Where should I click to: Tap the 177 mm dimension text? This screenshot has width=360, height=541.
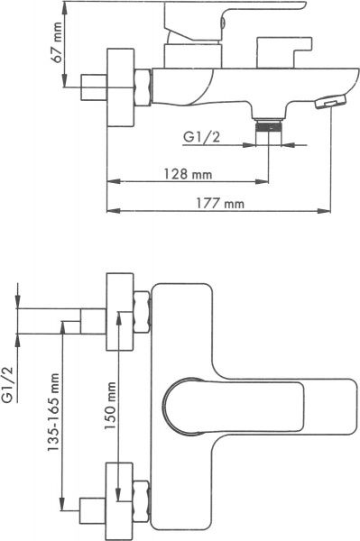pyautogui.click(x=220, y=204)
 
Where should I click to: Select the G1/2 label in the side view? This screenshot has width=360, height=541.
pyautogui.click(x=201, y=138)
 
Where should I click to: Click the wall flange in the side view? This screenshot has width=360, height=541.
pyautogui.click(x=115, y=82)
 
